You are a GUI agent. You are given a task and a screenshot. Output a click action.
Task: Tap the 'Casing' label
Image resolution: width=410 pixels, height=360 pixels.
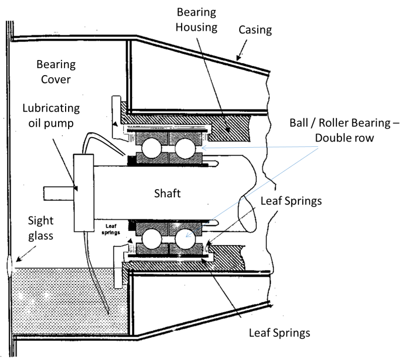pos(255,30)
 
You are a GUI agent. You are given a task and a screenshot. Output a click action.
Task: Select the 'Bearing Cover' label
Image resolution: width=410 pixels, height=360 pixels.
pos(56,72)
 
